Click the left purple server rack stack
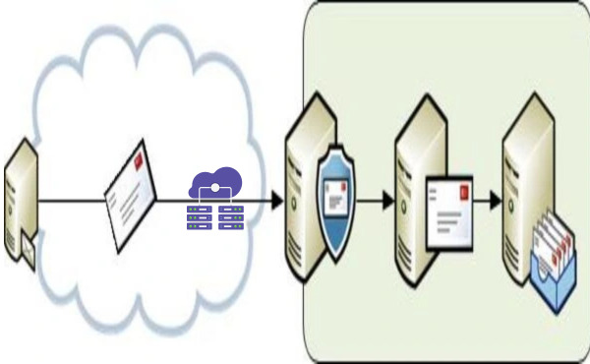coord(201,214)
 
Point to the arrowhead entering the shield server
coord(276,201)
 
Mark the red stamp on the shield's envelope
coord(344,182)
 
